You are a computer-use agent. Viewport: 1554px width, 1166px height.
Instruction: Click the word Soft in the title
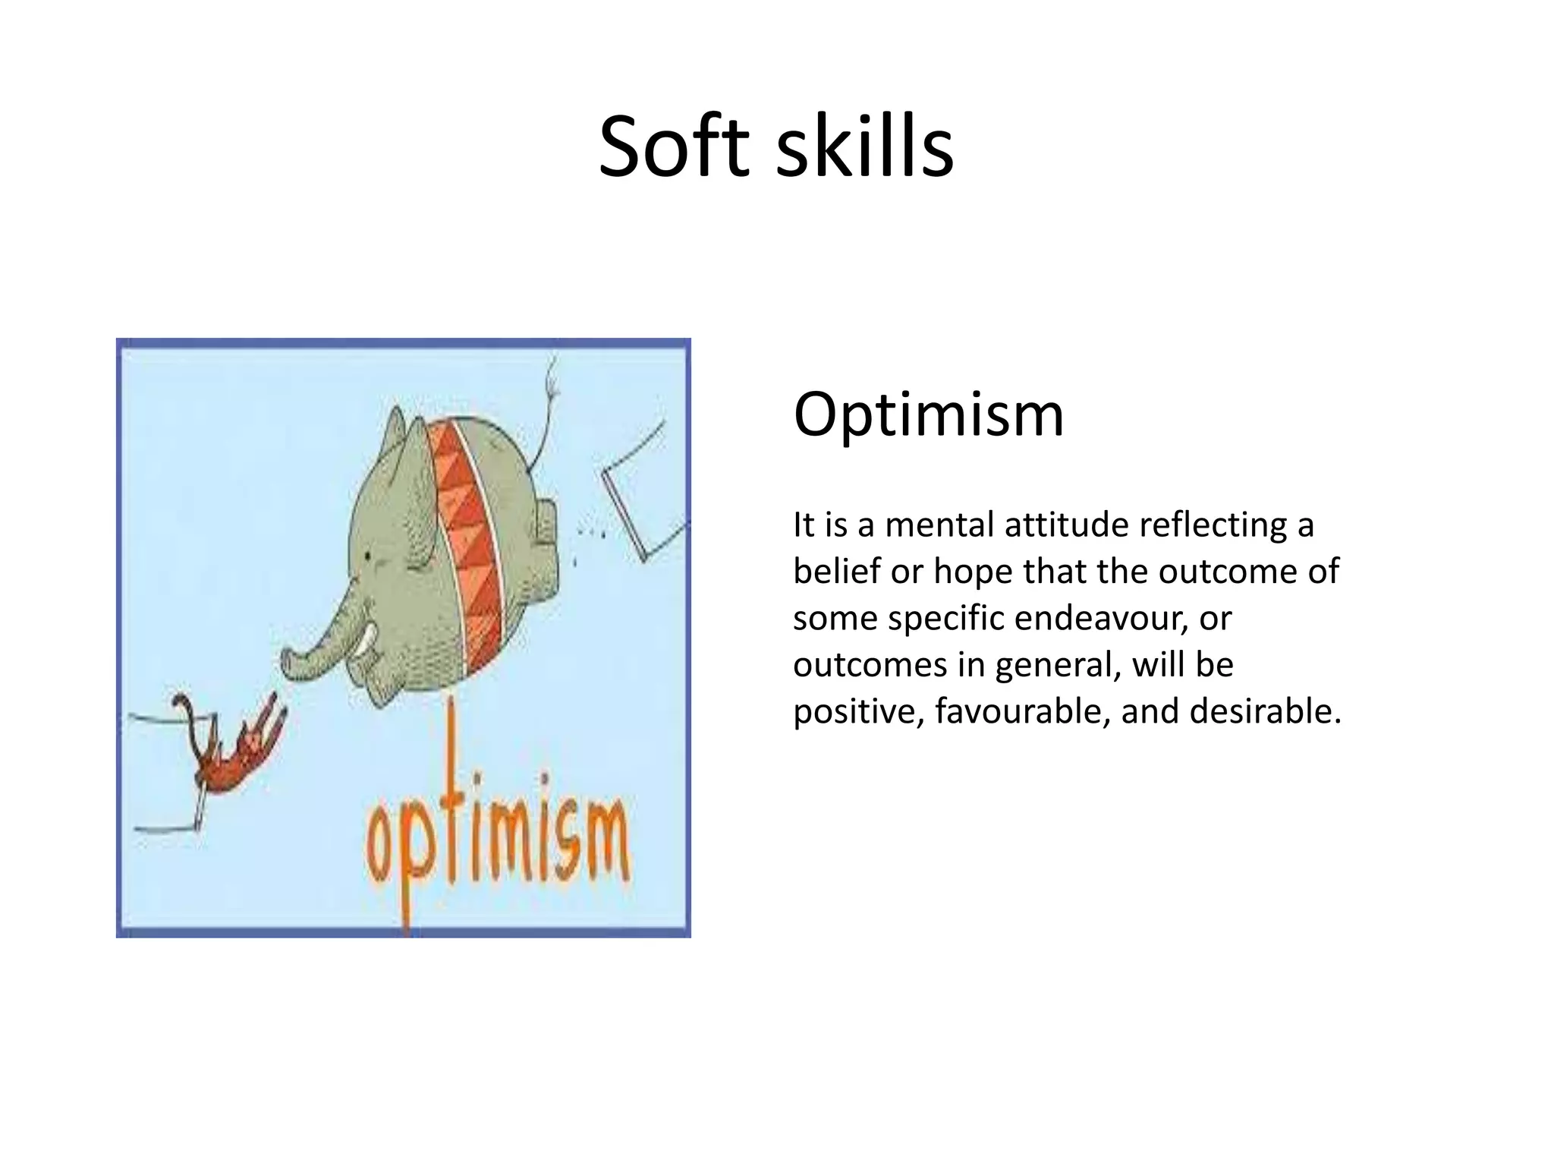[678, 146]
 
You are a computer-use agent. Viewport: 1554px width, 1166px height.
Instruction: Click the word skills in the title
[864, 146]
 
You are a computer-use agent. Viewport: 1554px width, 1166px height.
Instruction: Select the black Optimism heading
[928, 415]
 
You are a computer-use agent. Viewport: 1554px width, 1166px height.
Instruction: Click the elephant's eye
[369, 557]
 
